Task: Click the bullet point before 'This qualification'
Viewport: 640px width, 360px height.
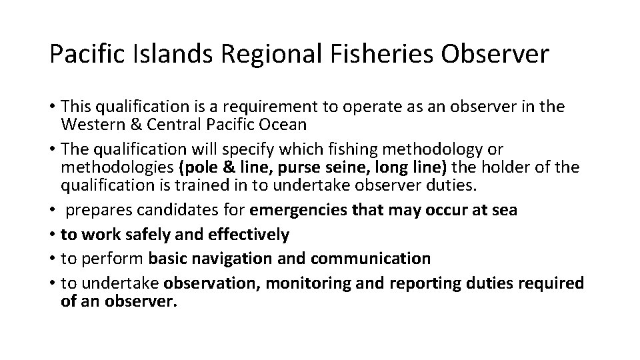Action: tap(53, 107)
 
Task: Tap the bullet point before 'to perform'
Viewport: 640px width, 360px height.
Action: tap(53, 258)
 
